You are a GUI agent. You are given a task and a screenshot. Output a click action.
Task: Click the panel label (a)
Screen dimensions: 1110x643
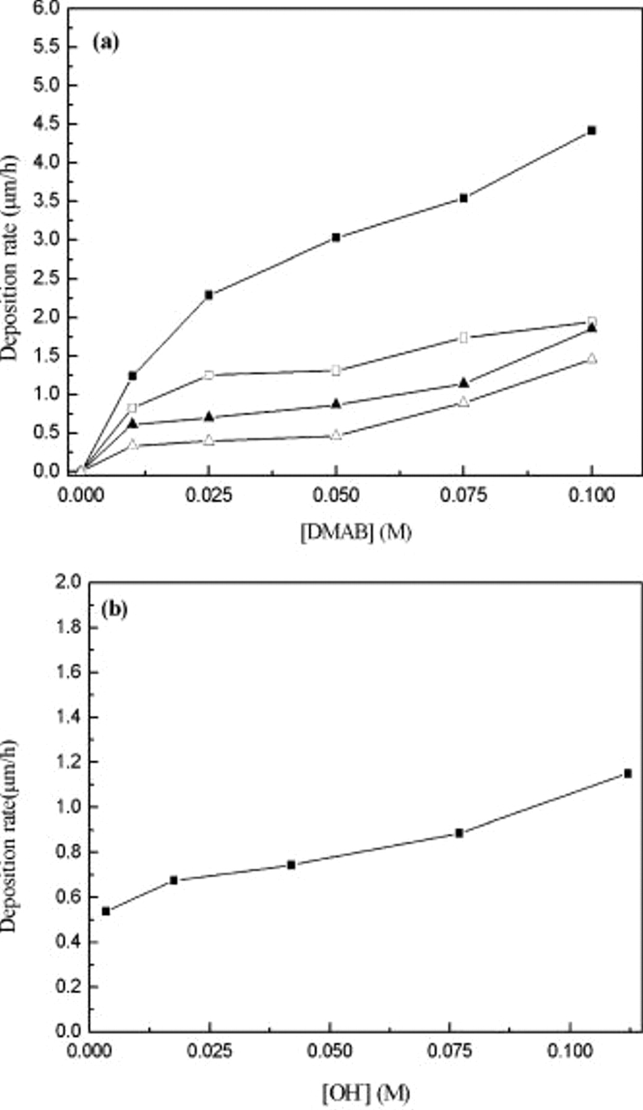[x=106, y=43]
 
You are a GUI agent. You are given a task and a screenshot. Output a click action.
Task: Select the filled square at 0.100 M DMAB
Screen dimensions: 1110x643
[x=592, y=130]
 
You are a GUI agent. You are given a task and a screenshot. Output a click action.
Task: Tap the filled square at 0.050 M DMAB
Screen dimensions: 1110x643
[x=336, y=237]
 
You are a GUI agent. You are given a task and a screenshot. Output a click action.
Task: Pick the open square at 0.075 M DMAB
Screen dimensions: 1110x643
[x=464, y=337]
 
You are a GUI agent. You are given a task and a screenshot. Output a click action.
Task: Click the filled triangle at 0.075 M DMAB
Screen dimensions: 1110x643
[x=464, y=384]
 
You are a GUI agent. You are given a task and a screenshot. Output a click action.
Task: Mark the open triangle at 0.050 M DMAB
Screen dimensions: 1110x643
[x=336, y=435]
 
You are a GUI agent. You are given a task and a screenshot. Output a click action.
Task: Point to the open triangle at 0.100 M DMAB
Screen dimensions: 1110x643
[x=592, y=358]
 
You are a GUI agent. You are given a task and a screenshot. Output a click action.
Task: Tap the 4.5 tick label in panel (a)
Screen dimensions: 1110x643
[x=48, y=124]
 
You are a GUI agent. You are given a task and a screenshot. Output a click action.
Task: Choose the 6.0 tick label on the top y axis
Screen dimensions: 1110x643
[x=48, y=8]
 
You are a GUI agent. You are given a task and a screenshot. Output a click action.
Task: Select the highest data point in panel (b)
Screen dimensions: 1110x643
[x=628, y=773]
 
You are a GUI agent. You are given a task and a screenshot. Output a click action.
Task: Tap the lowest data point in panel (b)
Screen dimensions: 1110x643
[x=106, y=911]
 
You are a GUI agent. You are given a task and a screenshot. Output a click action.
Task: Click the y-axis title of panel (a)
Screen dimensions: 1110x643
[x=10, y=258]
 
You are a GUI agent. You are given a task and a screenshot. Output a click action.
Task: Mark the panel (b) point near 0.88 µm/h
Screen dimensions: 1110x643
[x=459, y=833]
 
